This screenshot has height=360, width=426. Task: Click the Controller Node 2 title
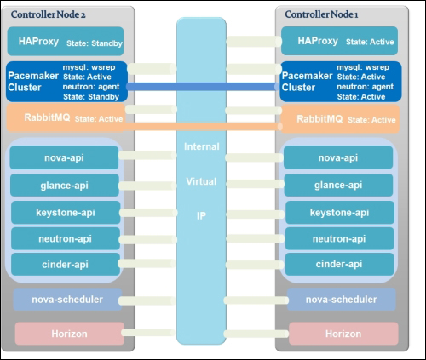click(x=48, y=14)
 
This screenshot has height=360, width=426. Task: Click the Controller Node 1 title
click(x=321, y=14)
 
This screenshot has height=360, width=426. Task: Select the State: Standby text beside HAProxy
click(x=95, y=43)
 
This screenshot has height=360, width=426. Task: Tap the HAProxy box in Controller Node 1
click(x=339, y=41)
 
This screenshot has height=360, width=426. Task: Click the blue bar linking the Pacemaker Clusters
click(x=201, y=87)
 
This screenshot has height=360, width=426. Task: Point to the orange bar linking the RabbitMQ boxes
click(x=201, y=126)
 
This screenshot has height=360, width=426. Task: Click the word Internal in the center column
click(x=202, y=146)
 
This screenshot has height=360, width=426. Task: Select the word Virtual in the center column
click(x=201, y=181)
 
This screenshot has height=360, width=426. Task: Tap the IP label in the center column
click(x=201, y=216)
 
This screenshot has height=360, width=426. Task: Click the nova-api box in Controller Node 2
click(x=64, y=157)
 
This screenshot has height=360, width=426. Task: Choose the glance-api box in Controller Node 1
click(x=338, y=185)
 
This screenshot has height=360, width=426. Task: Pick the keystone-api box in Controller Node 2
click(x=66, y=213)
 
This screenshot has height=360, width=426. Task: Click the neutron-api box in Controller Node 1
click(x=339, y=238)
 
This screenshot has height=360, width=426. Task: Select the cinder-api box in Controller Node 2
click(x=66, y=264)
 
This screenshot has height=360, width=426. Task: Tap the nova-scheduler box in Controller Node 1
click(x=342, y=300)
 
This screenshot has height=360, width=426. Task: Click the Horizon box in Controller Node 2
click(x=70, y=334)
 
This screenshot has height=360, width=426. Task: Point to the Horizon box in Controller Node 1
click(x=343, y=334)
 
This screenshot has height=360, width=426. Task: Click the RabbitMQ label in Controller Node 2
click(x=47, y=117)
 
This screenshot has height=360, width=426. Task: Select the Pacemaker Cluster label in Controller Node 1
click(x=307, y=82)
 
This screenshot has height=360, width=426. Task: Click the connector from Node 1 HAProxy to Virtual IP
click(x=254, y=42)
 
